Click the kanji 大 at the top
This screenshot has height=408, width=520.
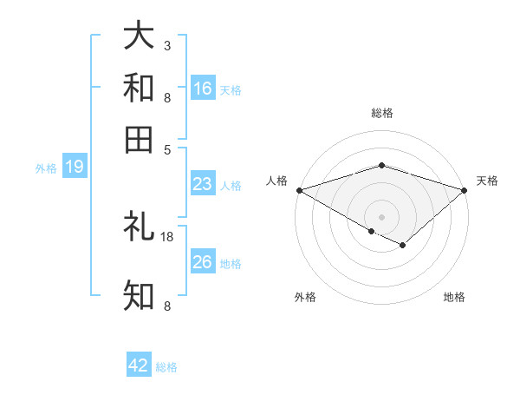click(139, 36)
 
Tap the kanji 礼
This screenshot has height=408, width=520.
click(139, 227)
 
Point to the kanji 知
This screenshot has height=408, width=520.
click(139, 296)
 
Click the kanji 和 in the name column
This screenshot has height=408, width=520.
click(139, 88)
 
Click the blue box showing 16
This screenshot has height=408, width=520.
click(203, 88)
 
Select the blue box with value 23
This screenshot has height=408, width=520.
click(203, 184)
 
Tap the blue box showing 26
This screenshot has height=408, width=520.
click(203, 262)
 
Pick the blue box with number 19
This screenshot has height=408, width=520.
click(75, 167)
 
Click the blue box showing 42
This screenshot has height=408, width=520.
click(139, 365)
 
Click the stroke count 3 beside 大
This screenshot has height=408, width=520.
click(167, 45)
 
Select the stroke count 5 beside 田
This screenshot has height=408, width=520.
click(167, 148)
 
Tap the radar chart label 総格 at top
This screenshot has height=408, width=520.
click(382, 113)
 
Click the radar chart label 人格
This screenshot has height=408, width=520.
click(277, 181)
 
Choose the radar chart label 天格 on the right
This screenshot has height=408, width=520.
click(487, 181)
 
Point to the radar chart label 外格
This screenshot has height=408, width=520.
click(305, 297)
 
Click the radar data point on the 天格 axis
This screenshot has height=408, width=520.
click(465, 189)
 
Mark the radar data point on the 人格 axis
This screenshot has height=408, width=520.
click(299, 189)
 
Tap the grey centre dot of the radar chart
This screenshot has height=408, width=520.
click(382, 216)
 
